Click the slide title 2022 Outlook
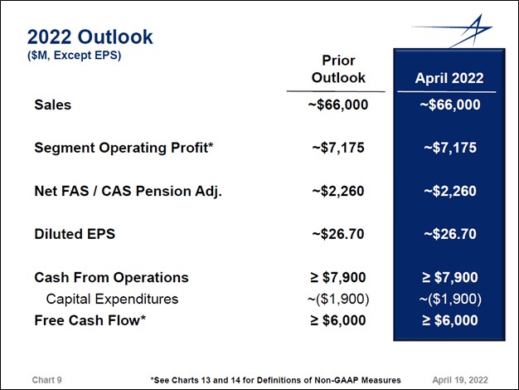(x=90, y=37)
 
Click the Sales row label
(x=52, y=105)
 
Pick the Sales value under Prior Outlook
(x=337, y=105)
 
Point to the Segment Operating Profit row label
(x=124, y=148)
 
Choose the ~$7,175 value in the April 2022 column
(x=449, y=148)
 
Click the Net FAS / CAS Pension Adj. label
(x=128, y=191)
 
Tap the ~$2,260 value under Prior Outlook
(x=337, y=191)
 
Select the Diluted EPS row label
(x=74, y=234)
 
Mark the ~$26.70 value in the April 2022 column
(x=449, y=234)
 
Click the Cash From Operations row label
(x=111, y=277)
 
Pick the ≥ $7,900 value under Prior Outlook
(x=337, y=277)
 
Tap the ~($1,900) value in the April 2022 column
(x=449, y=299)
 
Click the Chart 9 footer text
(x=46, y=379)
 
